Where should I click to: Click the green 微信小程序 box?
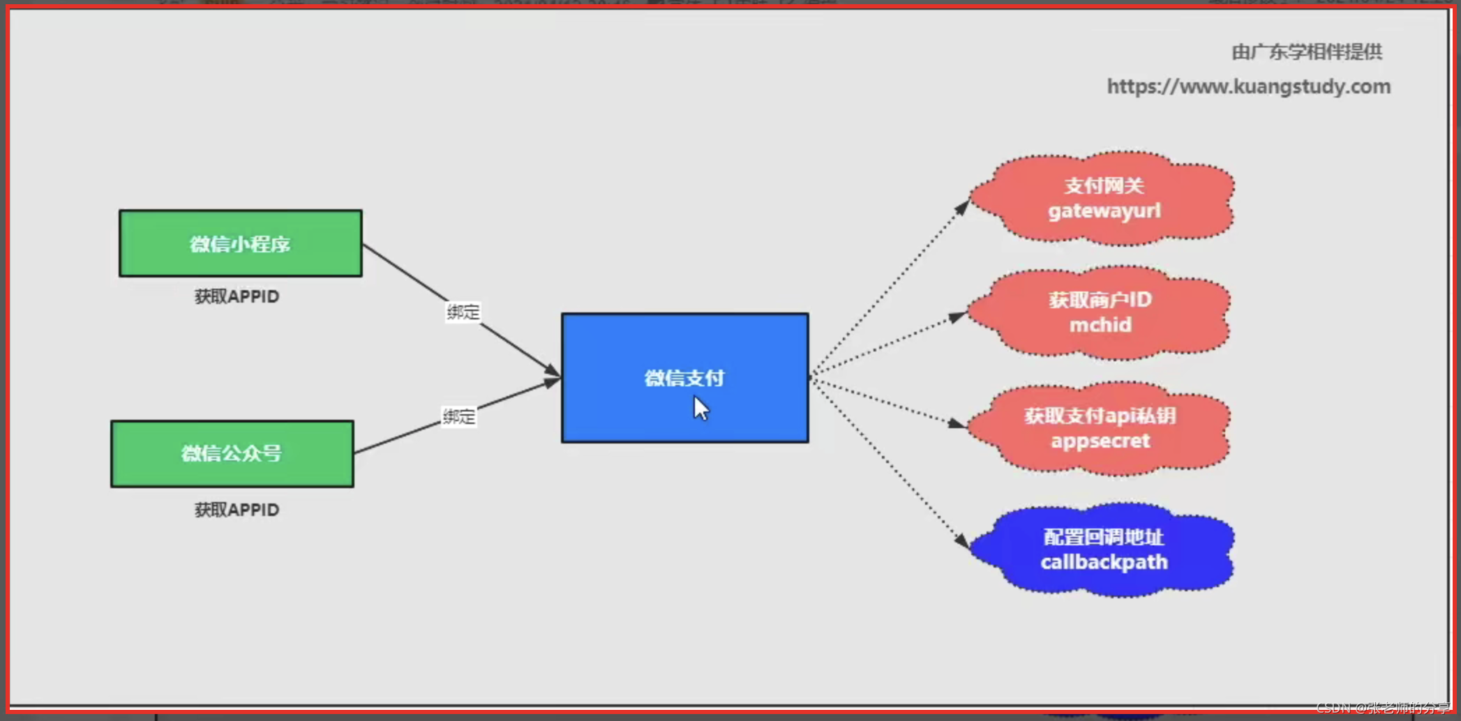(x=240, y=243)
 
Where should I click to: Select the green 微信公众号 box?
(x=232, y=454)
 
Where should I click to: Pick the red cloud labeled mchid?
(x=1100, y=312)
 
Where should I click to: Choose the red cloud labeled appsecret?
(x=1100, y=428)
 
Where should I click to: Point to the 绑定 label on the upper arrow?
(x=463, y=312)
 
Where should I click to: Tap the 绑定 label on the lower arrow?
(x=458, y=416)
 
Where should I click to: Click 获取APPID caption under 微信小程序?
(x=237, y=296)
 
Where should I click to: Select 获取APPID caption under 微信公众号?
(x=237, y=510)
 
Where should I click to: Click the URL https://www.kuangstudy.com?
(x=1248, y=86)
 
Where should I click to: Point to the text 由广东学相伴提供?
(x=1306, y=52)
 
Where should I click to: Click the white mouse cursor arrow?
(x=700, y=408)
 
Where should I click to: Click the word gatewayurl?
(x=1104, y=211)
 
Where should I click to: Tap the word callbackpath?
(x=1104, y=562)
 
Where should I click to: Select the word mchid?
(x=1100, y=325)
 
